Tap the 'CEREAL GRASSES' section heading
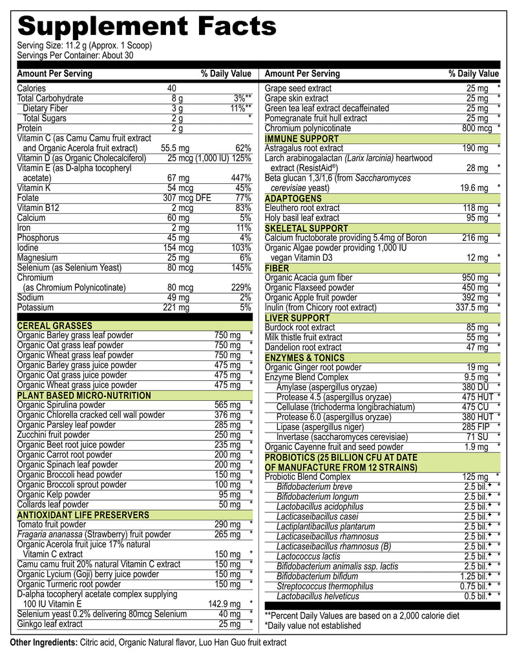click(54, 326)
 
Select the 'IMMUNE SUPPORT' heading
click(301, 139)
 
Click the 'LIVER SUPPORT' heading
click(297, 318)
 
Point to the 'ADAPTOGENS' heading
click(293, 198)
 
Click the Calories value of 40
click(171, 88)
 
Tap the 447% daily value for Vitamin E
click(240, 178)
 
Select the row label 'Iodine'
click(29, 248)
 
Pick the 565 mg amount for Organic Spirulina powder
click(227, 405)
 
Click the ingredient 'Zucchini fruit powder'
click(57, 435)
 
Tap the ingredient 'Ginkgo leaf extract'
click(50, 624)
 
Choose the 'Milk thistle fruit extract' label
click(303, 338)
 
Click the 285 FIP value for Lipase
click(477, 427)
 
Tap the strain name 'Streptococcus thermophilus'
click(324, 586)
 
